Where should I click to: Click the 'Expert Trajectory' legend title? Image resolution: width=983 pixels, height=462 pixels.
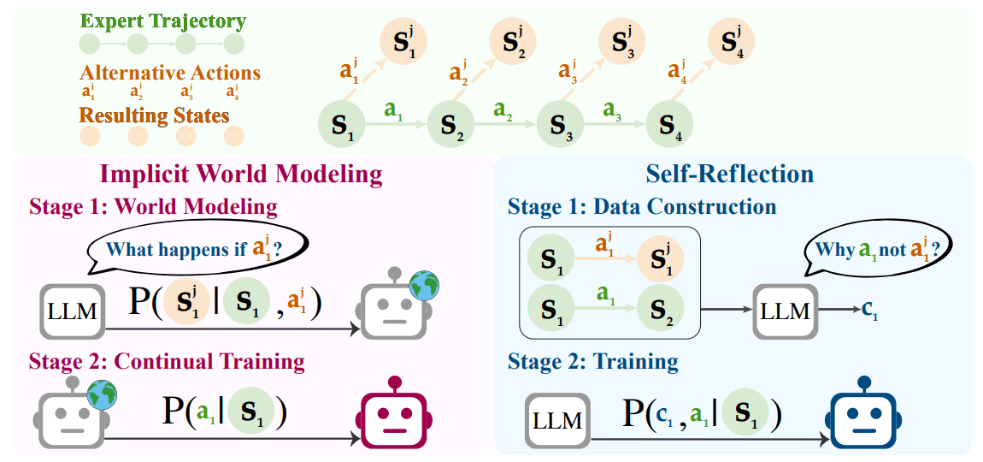tap(162, 21)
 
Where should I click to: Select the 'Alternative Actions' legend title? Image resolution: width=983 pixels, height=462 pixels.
tap(169, 73)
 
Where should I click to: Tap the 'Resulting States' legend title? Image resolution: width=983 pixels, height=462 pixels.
tap(155, 114)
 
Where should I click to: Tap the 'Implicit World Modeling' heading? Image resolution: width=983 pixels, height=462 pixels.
tap(241, 175)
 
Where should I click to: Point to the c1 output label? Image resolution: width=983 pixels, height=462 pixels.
tap(868, 312)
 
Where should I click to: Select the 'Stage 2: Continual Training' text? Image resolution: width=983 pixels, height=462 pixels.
tap(167, 361)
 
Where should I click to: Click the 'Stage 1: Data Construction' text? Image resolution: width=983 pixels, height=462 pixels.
tap(642, 207)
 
